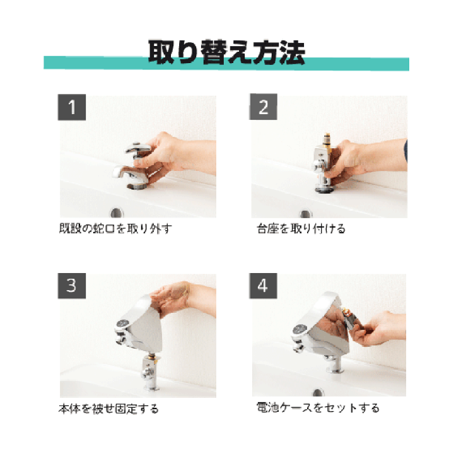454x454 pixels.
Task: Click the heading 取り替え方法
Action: pyautogui.click(x=227, y=52)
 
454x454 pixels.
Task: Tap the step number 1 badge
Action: pyautogui.click(x=72, y=107)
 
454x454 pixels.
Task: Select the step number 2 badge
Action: pyautogui.click(x=263, y=107)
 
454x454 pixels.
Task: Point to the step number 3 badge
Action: pyautogui.click(x=72, y=286)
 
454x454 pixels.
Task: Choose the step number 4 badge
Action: pyautogui.click(x=263, y=286)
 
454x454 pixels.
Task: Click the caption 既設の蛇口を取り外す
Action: pyautogui.click(x=115, y=229)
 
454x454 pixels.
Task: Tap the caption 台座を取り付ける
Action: pyautogui.click(x=301, y=229)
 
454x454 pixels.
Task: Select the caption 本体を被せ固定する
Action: pyautogui.click(x=108, y=409)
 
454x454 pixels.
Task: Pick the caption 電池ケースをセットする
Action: pyautogui.click(x=318, y=408)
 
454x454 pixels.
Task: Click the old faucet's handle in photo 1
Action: pyautogui.click(x=138, y=148)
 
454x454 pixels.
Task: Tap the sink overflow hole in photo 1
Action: pyautogui.click(x=117, y=213)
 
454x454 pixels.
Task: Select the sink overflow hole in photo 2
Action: pyautogui.click(x=306, y=214)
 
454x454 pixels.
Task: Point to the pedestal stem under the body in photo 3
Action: pyautogui.click(x=149, y=371)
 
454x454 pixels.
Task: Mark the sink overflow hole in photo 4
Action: pyautogui.click(x=318, y=392)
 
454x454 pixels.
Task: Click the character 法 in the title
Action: pyautogui.click(x=293, y=52)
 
